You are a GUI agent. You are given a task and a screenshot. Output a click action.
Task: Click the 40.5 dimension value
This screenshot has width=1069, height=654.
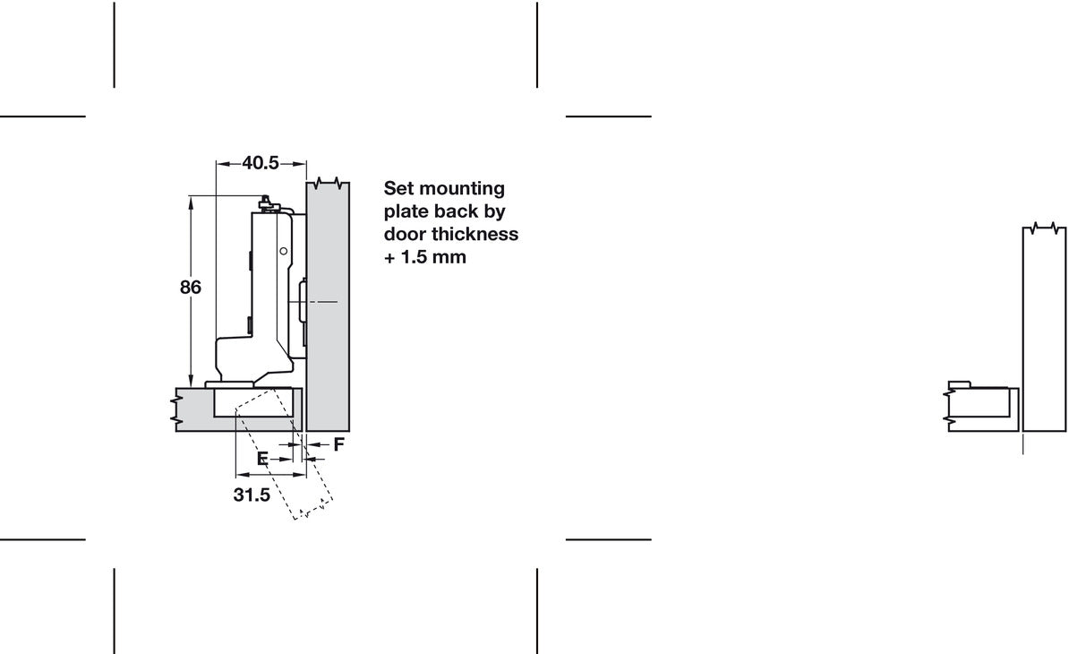(x=261, y=163)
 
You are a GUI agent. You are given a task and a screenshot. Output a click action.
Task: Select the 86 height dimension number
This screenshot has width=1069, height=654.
(x=191, y=288)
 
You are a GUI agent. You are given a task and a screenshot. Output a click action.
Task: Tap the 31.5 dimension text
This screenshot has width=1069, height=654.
(x=252, y=495)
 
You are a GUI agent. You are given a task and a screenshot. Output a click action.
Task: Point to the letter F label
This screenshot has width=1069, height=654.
(x=338, y=444)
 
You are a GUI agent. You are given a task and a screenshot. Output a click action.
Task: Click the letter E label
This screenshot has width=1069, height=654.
(x=262, y=459)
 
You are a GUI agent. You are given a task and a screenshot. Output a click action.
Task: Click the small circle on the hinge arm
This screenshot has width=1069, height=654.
(x=284, y=252)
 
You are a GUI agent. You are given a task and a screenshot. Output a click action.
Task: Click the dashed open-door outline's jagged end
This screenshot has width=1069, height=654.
(x=313, y=512)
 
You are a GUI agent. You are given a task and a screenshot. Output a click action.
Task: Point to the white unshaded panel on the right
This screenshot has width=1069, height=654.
(x=1044, y=328)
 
